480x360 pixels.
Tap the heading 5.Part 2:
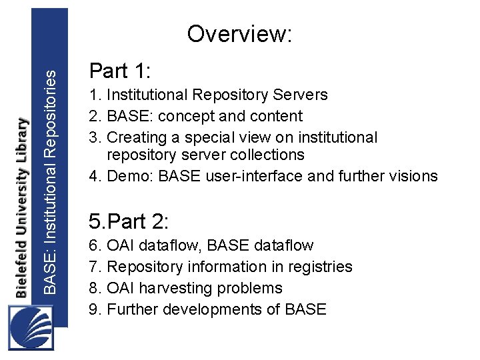pos(131,221)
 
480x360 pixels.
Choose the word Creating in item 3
pos(135,137)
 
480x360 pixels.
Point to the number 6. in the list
pos(95,245)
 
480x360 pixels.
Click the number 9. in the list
pos(95,309)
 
